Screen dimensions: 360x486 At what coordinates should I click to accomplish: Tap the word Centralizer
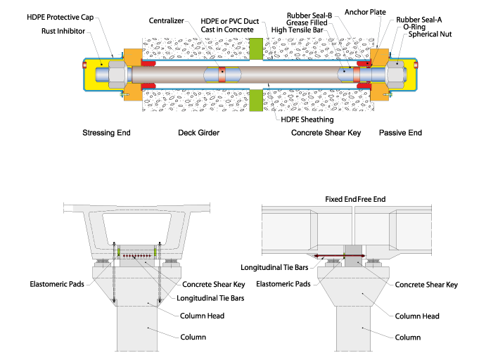(x=167, y=21)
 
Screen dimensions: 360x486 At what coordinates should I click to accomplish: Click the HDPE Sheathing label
(x=298, y=119)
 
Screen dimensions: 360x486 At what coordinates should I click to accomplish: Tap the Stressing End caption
(x=107, y=132)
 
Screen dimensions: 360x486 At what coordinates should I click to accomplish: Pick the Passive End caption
(x=402, y=132)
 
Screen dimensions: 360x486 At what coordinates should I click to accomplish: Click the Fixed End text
(x=340, y=200)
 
